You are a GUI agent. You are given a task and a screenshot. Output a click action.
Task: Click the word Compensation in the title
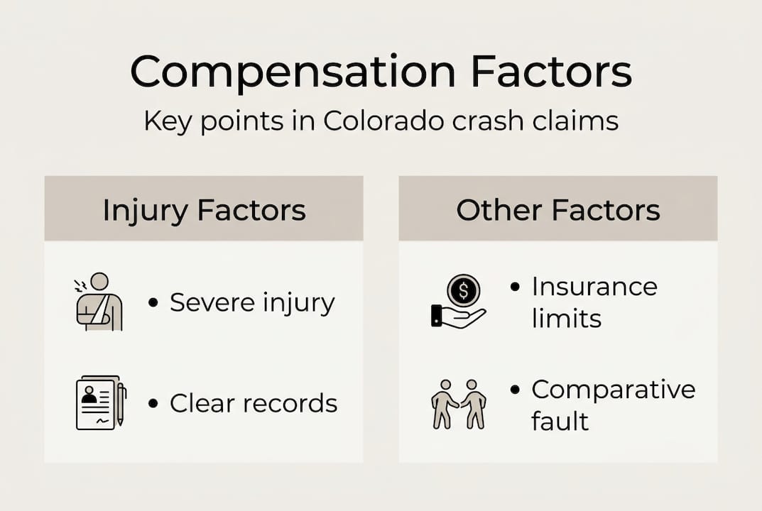[x=293, y=72]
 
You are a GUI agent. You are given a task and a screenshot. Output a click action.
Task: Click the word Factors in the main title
[x=549, y=72]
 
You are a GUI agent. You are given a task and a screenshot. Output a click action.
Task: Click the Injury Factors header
[x=204, y=210]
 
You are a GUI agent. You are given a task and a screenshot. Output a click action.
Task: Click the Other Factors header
[x=558, y=210]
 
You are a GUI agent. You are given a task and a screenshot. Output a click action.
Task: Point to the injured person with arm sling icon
[x=99, y=302]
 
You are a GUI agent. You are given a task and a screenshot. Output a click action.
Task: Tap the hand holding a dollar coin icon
[x=459, y=301]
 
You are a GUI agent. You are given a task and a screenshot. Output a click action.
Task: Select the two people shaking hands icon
[x=459, y=402]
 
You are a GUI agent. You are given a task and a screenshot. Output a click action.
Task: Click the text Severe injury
[x=252, y=303]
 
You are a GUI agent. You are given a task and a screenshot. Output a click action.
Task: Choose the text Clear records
[x=254, y=403]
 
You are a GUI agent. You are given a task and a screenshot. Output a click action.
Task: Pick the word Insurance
[x=594, y=287]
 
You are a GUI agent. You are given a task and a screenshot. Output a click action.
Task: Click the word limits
[x=566, y=318]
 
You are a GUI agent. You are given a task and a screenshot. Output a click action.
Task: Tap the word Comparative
[x=614, y=389]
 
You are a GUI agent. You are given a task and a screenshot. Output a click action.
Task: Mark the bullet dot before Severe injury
[x=153, y=303]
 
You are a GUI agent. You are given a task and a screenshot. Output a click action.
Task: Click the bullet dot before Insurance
[x=516, y=287]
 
